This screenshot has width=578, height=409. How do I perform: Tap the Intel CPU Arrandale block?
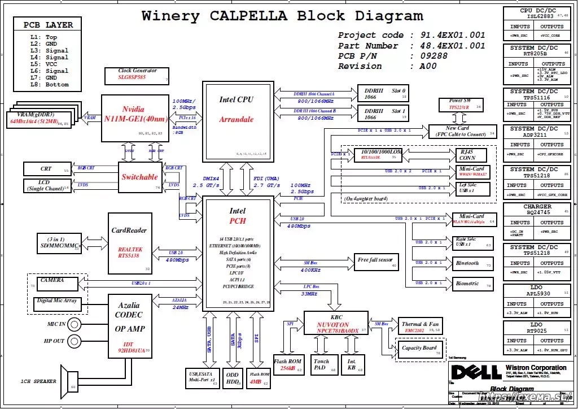pyautogui.click(x=237, y=122)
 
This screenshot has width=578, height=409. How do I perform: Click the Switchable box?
pyautogui.click(x=139, y=176)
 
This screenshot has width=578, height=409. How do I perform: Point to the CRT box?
pyautogui.click(x=47, y=168)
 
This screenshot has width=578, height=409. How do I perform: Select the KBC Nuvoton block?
pyautogui.click(x=336, y=324)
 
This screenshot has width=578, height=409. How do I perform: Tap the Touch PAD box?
pyautogui.click(x=321, y=364)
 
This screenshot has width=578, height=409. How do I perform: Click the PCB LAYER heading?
pyautogui.click(x=48, y=25)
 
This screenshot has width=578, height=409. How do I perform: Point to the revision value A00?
pyautogui.click(x=428, y=66)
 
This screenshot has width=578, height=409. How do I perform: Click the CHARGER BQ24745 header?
pyautogui.click(x=537, y=210)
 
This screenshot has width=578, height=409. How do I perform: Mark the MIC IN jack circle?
pyautogui.click(x=74, y=325)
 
